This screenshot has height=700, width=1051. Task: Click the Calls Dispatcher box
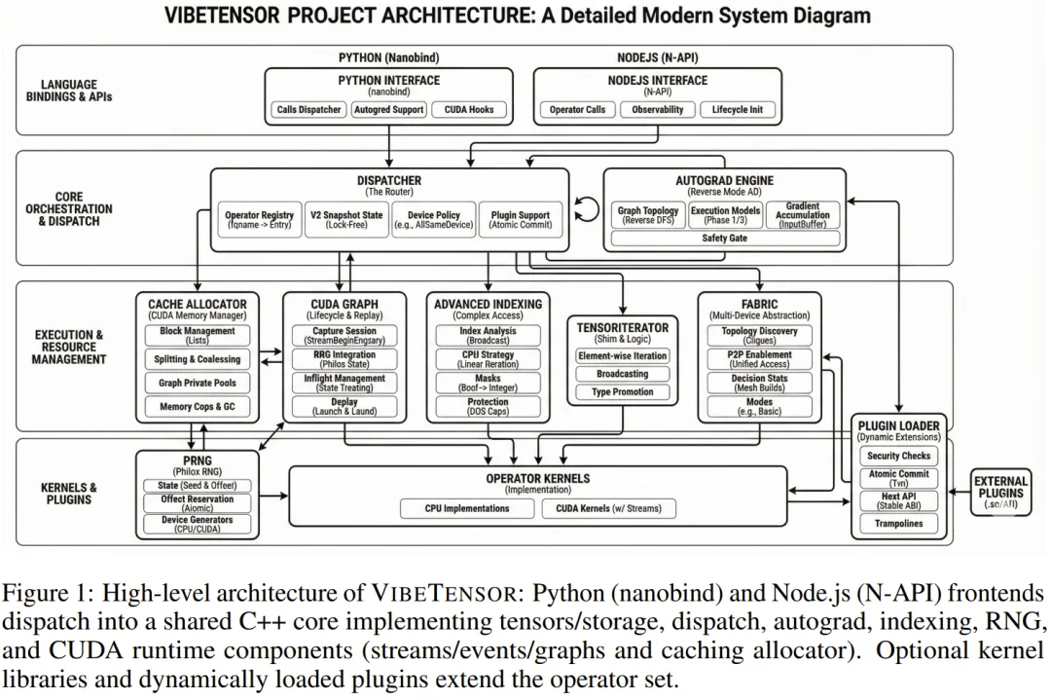click(308, 110)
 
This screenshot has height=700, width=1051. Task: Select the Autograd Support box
click(388, 110)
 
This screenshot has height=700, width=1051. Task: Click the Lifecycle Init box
click(737, 110)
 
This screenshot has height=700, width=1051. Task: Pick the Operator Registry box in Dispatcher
click(258, 219)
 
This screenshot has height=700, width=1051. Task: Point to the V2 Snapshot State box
click(347, 219)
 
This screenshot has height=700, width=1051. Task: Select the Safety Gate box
click(724, 239)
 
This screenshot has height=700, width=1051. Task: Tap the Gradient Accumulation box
click(802, 215)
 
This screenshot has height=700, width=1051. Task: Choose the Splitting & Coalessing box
click(197, 359)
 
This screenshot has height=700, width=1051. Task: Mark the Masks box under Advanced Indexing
click(488, 383)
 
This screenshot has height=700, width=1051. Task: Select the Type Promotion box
click(622, 392)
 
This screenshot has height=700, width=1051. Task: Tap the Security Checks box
click(898, 456)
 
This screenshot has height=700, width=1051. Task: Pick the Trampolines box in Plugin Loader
click(898, 524)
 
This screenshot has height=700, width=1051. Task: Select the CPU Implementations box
click(467, 508)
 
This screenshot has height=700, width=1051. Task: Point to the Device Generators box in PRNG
click(197, 525)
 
